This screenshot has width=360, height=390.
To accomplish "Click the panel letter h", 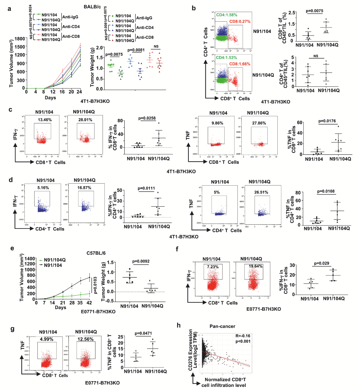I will point(179,325).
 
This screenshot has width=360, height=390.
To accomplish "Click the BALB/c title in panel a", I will point(92,7).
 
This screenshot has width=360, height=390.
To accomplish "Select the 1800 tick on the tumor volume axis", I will point(20,39).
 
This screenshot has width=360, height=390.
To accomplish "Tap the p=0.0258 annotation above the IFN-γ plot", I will point(147,118).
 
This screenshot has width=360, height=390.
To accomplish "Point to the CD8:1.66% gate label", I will point(240,64).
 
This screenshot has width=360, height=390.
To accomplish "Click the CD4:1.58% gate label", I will point(227,15).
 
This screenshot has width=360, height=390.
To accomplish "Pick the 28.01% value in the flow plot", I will point(85,120).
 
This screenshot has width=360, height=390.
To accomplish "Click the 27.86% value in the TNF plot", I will point(259,123).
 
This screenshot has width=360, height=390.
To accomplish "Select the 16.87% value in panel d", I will point(84,188).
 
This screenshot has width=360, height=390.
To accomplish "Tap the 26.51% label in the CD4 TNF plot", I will point(261,192).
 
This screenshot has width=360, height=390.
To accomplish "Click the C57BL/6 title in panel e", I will point(96,253).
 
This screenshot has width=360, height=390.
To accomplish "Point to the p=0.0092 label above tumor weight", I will point(141,261).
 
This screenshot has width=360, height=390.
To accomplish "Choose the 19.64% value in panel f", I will point(256,266).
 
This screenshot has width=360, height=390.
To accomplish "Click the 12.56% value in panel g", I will point(85,339).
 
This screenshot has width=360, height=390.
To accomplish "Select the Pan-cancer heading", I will point(222,326).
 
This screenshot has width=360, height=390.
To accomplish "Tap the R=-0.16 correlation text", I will point(243,336).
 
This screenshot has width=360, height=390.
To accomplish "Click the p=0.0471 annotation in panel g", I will point(143,333).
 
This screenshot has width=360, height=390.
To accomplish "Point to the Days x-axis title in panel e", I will point(60,307).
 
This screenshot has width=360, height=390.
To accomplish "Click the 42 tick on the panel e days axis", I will point(89,303).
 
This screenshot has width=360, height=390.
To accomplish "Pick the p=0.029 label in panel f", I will point(322,263).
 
